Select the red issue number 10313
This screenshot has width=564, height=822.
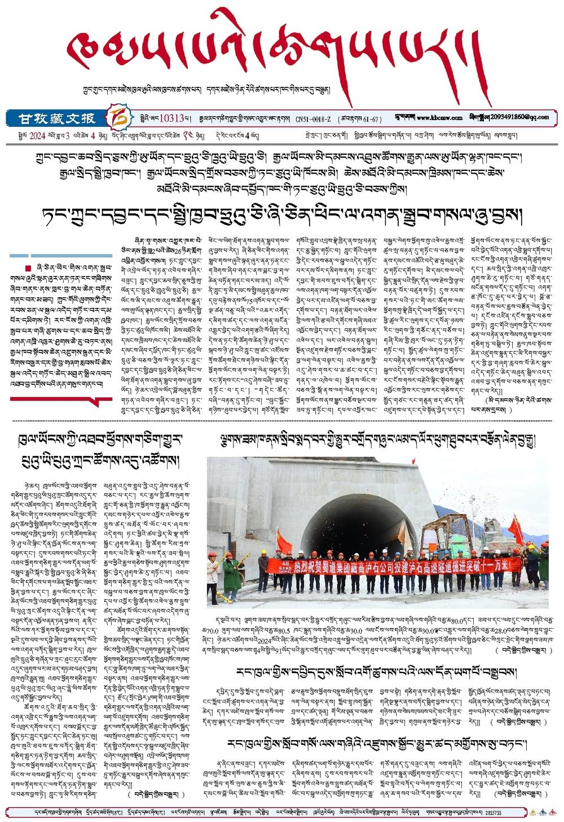(x=172, y=118)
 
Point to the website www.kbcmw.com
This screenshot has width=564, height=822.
(x=439, y=118)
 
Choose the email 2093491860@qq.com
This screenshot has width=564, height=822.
(x=521, y=117)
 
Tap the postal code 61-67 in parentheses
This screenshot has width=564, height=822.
(x=372, y=119)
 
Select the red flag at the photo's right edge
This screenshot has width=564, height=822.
(x=515, y=529)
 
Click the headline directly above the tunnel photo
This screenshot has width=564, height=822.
(x=372, y=441)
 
